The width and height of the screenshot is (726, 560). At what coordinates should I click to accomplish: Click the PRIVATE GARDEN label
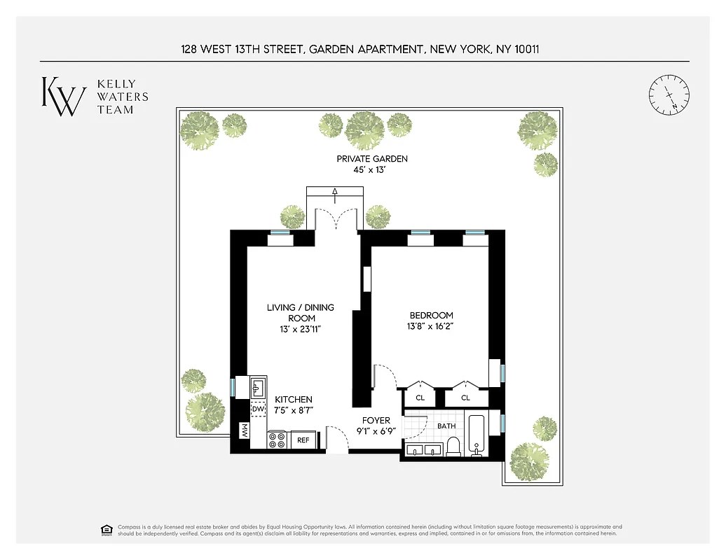click(x=372, y=159)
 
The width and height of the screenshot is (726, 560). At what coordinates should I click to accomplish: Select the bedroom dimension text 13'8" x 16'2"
click(x=431, y=326)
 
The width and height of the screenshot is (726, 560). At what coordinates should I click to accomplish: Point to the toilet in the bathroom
click(x=453, y=446)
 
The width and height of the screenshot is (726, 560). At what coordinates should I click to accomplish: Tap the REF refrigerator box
click(x=303, y=440)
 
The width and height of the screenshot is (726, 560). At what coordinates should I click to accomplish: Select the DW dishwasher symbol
click(x=258, y=409)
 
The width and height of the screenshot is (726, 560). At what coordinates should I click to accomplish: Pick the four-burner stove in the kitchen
click(x=277, y=440)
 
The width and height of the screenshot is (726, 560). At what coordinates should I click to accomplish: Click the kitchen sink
click(x=257, y=385)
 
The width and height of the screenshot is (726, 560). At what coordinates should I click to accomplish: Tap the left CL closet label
click(x=420, y=398)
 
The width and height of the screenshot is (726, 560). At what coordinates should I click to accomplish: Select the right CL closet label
click(x=465, y=398)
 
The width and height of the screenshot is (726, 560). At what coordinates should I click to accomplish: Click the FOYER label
click(x=376, y=421)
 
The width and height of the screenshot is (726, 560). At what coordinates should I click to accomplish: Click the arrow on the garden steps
click(x=335, y=192)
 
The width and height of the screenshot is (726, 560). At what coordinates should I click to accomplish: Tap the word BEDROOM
click(x=431, y=316)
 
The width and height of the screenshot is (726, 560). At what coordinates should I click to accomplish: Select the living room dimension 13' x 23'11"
click(x=300, y=328)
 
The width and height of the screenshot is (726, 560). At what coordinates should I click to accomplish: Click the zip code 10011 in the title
click(x=523, y=49)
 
